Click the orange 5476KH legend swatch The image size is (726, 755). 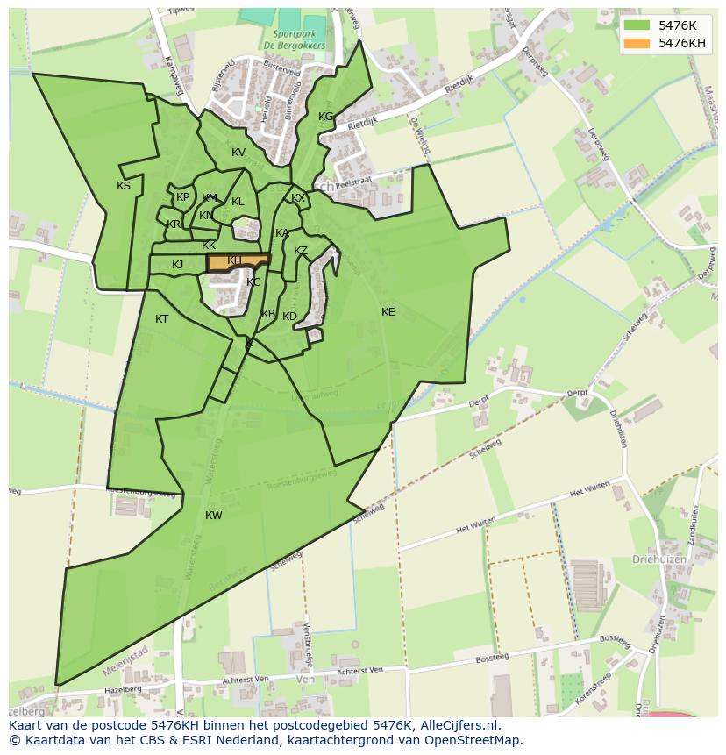[638, 43]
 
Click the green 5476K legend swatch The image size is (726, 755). [638, 25]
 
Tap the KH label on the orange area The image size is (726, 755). [234, 261]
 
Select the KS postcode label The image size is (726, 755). [124, 186]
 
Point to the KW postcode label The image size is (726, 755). [214, 516]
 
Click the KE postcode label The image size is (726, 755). [388, 312]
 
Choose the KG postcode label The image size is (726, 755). [326, 117]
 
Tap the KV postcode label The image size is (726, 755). [238, 153]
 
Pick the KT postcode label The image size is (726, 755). [161, 319]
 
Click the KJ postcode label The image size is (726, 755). [178, 265]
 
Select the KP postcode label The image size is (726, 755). [182, 197]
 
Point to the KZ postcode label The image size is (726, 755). [301, 251]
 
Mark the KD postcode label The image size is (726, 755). [290, 317]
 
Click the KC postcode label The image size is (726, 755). [253, 282]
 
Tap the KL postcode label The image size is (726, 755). [238, 202]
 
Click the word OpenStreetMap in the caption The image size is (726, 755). [473, 740]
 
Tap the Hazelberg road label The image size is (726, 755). [123, 690]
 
